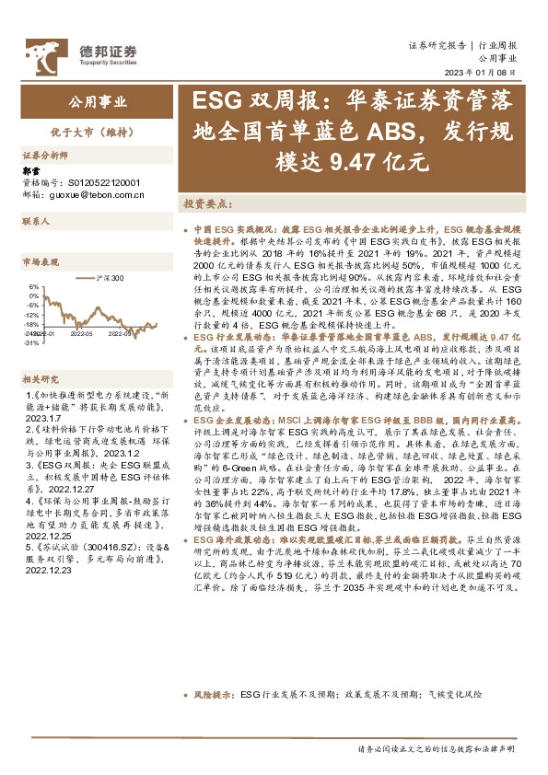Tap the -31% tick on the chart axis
(x=31, y=342)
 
